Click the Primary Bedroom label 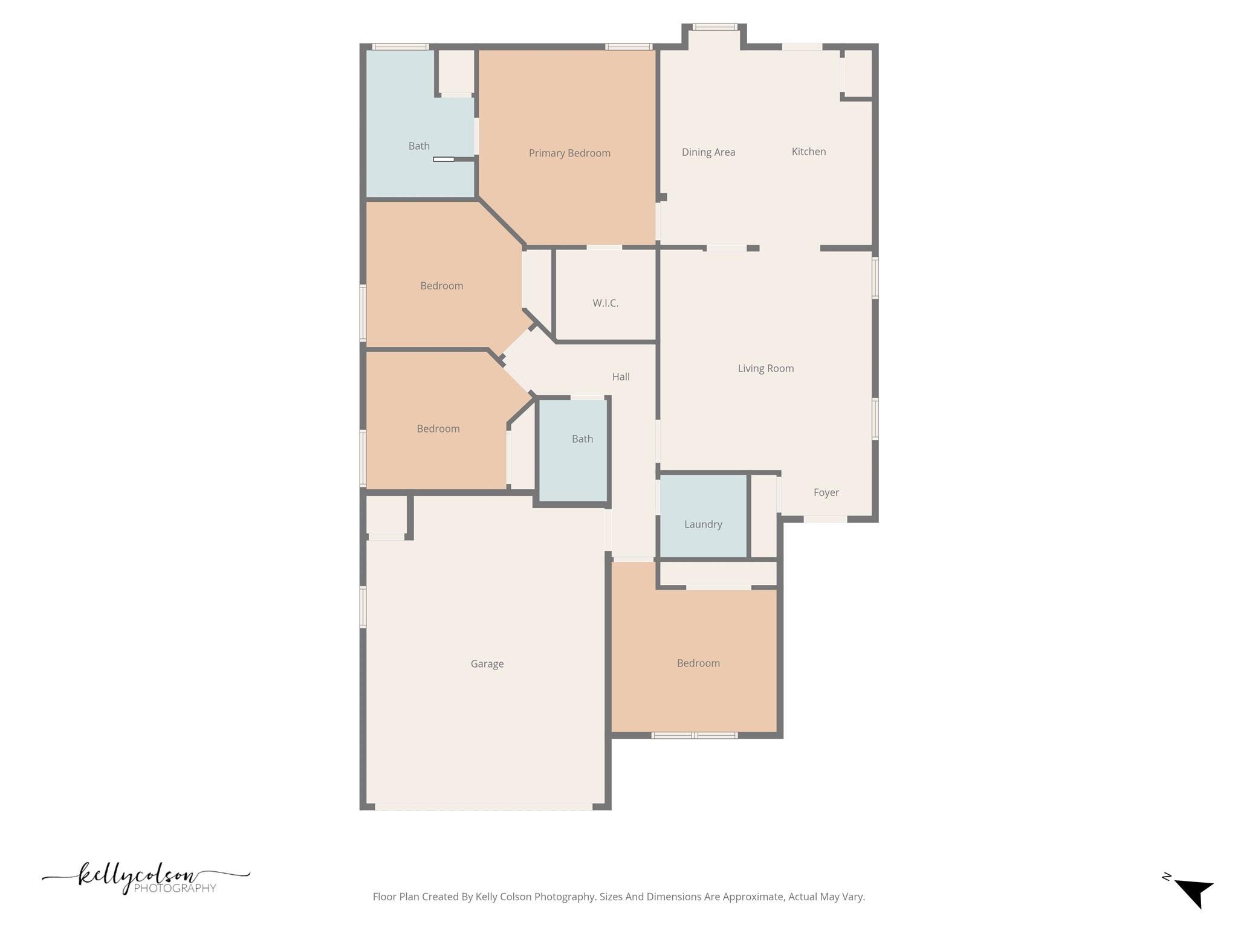coord(569,153)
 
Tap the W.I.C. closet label coord(605,303)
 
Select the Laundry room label coord(702,524)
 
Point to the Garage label coord(487,664)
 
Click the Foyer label coord(826,493)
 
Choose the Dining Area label coord(708,152)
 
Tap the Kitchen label coord(808,152)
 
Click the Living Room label coord(765,369)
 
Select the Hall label coord(620,377)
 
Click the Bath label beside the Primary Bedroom coord(418,146)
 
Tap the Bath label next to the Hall coord(582,439)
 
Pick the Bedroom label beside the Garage coord(698,663)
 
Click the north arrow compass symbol coord(1194,892)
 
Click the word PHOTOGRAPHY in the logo coord(175,888)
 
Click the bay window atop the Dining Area coord(714,27)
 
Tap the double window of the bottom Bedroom coord(694,735)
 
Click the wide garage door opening coord(484,807)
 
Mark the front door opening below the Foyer coord(825,519)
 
